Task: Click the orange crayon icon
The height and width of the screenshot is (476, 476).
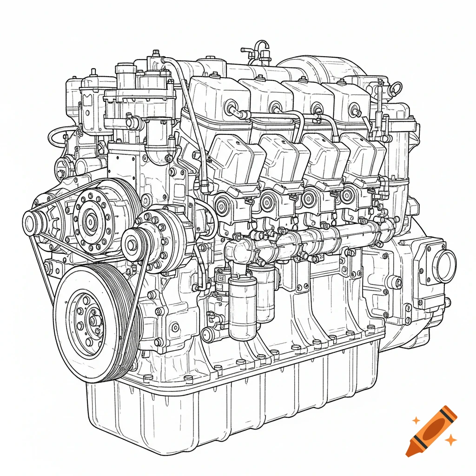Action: pyautogui.click(x=431, y=430)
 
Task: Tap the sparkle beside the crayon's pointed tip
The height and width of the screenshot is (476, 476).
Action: pyautogui.click(x=450, y=439)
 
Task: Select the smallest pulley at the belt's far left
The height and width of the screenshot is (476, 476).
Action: pyautogui.click(x=32, y=223)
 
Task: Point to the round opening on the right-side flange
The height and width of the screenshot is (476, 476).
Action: pyautogui.click(x=445, y=266)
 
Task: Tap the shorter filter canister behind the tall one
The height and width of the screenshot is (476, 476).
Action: pyautogui.click(x=266, y=295)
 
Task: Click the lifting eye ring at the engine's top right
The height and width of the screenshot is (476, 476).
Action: pyautogui.click(x=396, y=87)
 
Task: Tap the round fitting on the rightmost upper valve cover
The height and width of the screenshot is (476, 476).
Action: pyautogui.click(x=357, y=112)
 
